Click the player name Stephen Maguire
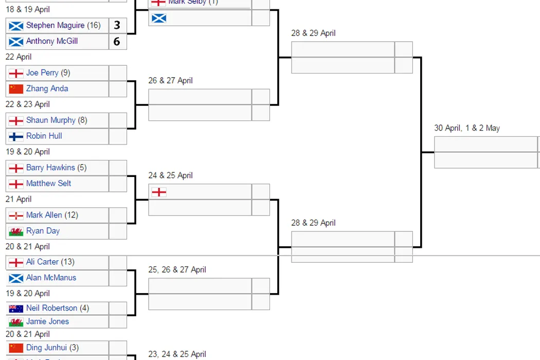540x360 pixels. [x=55, y=25]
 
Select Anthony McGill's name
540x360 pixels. [x=51, y=41]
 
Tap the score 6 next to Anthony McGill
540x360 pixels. [x=117, y=42]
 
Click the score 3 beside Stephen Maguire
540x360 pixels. [x=117, y=25]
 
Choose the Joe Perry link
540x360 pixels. [x=42, y=73]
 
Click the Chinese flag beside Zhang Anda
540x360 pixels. [x=16, y=88]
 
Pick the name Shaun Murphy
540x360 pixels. [x=51, y=120]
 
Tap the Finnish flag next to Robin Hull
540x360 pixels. [x=16, y=136]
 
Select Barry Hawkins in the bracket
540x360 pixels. [x=50, y=168]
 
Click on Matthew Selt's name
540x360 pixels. [x=48, y=183]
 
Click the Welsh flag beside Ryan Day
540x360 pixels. [x=16, y=231]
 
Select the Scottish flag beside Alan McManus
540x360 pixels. [x=16, y=278]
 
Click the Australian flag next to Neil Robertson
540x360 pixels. [x=16, y=309]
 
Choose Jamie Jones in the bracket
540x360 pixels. [x=47, y=321]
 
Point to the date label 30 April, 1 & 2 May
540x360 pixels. [x=466, y=128]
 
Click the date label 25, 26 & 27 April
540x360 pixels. [x=177, y=269]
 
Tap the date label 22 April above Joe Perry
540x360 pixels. [x=19, y=57]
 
